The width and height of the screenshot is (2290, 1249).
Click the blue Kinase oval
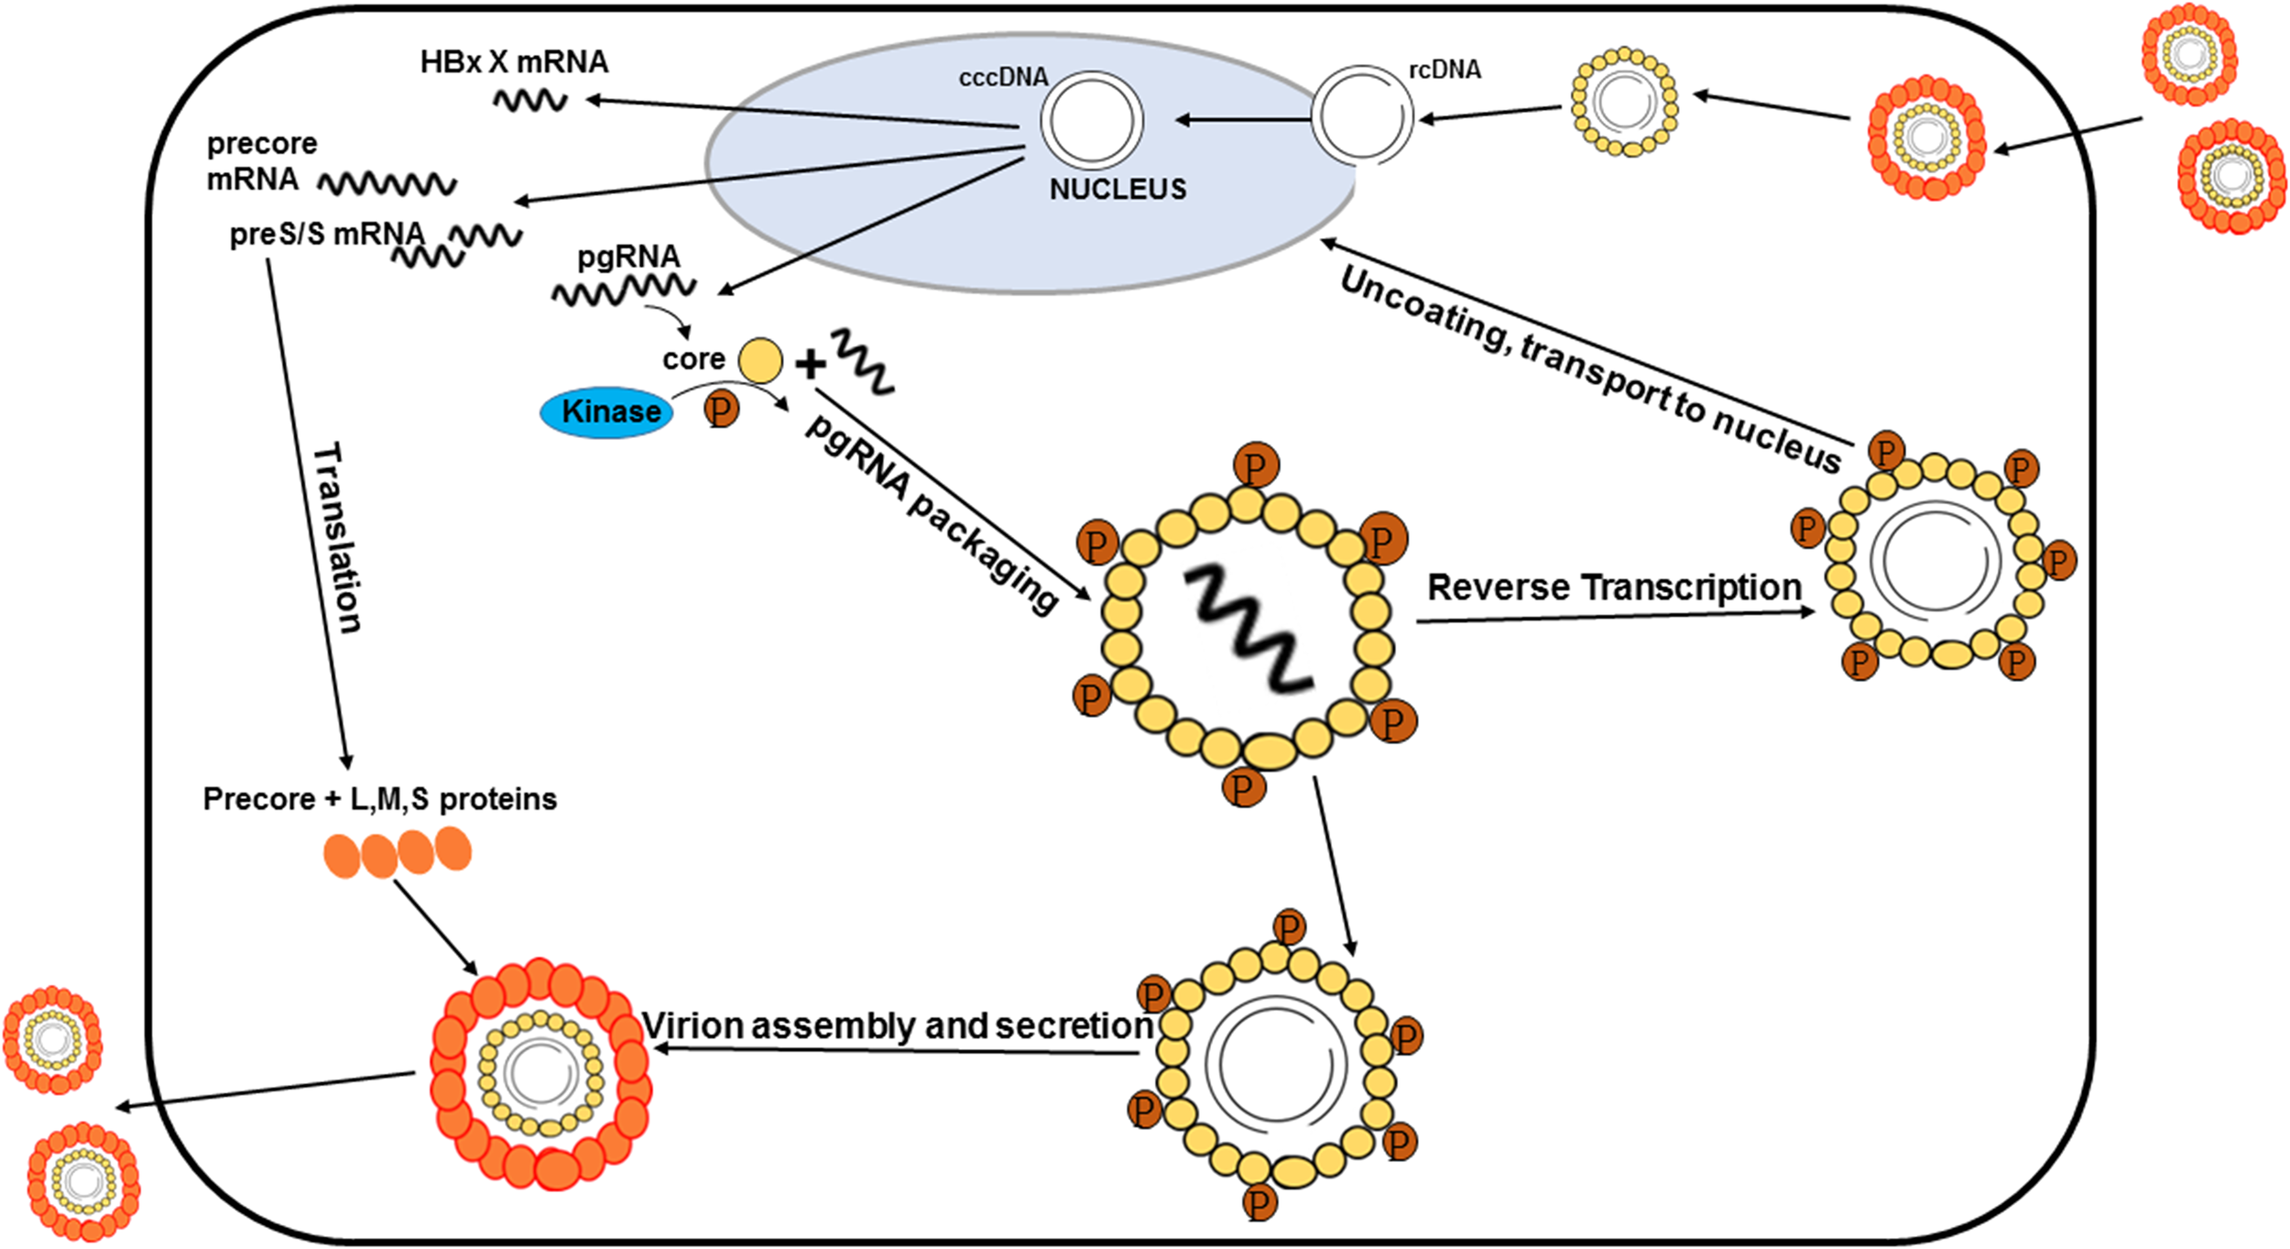tap(607, 412)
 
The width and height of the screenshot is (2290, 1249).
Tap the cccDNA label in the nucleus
tap(1003, 78)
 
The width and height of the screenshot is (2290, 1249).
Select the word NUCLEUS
tap(1118, 190)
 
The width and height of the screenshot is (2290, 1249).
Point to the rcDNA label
tap(1445, 70)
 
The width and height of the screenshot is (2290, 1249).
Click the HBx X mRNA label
tap(514, 62)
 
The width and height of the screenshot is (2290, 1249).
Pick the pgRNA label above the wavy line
tap(628, 257)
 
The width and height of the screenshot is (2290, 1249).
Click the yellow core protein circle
tap(760, 360)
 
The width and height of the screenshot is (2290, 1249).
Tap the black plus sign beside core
tap(810, 365)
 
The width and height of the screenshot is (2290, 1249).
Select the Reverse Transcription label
tap(1614, 587)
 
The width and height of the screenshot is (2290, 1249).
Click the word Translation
tap(337, 538)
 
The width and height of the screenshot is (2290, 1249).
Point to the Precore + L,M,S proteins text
tap(379, 799)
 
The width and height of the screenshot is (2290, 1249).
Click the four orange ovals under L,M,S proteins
tap(398, 852)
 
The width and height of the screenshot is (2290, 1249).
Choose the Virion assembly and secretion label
tap(897, 1025)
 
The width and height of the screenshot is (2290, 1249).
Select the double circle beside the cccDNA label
tap(1091, 121)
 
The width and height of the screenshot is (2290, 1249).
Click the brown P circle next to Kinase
tap(721, 409)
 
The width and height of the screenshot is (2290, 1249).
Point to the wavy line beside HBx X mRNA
tap(530, 100)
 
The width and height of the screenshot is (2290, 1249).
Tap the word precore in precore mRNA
tap(262, 144)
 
